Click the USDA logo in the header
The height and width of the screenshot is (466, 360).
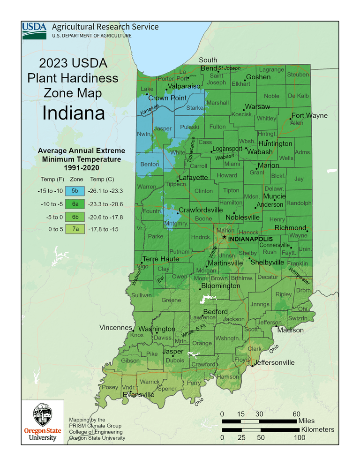click(34, 31)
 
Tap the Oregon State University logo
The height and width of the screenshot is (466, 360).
click(43, 421)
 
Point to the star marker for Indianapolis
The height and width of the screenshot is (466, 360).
click(224, 238)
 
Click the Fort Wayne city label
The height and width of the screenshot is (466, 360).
click(309, 115)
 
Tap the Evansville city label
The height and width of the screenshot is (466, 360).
click(138, 395)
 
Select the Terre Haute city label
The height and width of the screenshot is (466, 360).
click(160, 259)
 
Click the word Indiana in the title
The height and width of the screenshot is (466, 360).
click(74, 113)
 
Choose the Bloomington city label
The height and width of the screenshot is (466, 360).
click(220, 286)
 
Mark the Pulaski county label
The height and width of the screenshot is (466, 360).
click(190, 127)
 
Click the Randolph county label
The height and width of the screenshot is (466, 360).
click(299, 203)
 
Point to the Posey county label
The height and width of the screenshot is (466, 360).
click(110, 387)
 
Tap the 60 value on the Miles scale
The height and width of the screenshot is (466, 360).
click(296, 413)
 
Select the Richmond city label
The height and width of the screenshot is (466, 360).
click(290, 228)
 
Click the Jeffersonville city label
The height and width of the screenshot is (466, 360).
click(274, 362)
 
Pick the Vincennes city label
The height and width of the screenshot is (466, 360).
click(116, 327)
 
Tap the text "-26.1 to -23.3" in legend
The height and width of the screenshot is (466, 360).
click(105, 191)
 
